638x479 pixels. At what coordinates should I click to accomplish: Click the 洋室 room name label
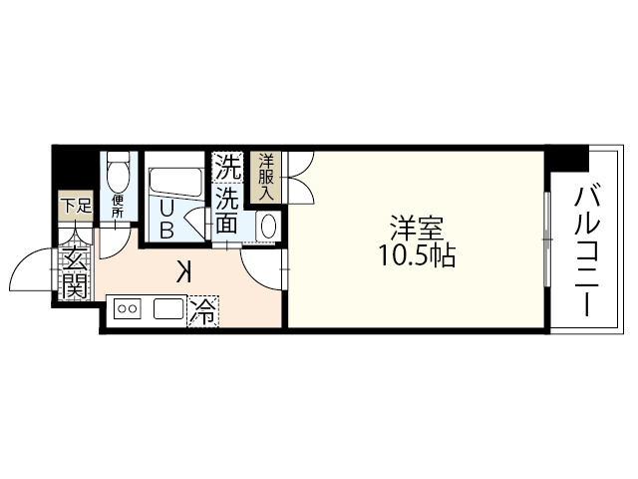(x=417, y=227)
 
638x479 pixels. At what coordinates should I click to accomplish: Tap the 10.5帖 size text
(x=417, y=255)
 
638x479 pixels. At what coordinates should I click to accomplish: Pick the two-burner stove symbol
(x=128, y=310)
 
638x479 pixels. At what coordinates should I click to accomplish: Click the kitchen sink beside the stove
(x=167, y=310)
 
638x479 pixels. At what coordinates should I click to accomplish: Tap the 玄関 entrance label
(x=73, y=271)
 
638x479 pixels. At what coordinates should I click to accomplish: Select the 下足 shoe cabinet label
(x=72, y=207)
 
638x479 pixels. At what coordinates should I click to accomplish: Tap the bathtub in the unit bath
(x=176, y=184)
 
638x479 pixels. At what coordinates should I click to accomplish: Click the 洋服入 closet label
(x=266, y=177)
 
